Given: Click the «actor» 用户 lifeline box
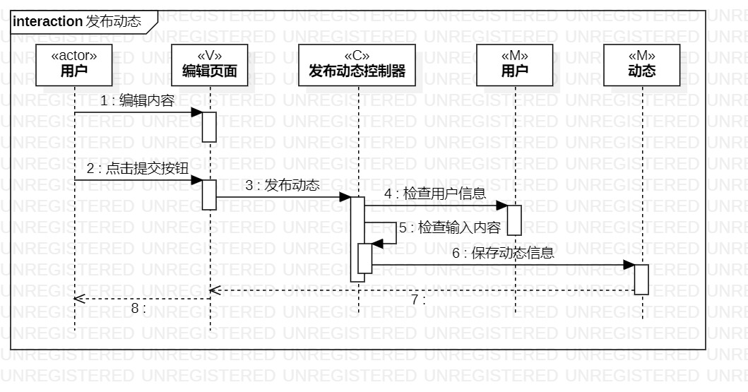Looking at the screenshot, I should coord(73,64).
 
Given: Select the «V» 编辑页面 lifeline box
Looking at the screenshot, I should coord(210,64).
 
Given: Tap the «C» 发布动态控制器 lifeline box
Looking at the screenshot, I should coord(357,64).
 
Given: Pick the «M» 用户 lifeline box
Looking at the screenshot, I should coord(515,64).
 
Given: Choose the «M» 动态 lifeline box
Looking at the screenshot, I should coord(641,64).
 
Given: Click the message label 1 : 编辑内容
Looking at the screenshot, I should coord(137,101).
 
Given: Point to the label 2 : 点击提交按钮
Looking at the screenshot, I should coord(137,168).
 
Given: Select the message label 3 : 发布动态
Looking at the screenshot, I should coord(283,186).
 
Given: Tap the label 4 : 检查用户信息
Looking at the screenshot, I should coord(435,194).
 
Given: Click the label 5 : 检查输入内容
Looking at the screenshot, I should coord(449,227).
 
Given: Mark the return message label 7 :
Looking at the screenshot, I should coord(418,299).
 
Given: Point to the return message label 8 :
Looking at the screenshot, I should coord(138,308).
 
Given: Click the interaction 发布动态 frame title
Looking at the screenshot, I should coord(77,21).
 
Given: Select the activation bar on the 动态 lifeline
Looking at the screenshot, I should coord(641,279).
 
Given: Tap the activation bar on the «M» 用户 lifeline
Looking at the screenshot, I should coord(514,220).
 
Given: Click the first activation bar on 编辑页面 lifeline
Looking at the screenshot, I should coord(209,126).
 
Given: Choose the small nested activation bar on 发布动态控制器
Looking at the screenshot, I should coord(364,258).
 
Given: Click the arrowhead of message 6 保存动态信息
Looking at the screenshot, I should coord(630,265).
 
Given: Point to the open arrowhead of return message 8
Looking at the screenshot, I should coord(78,299).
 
